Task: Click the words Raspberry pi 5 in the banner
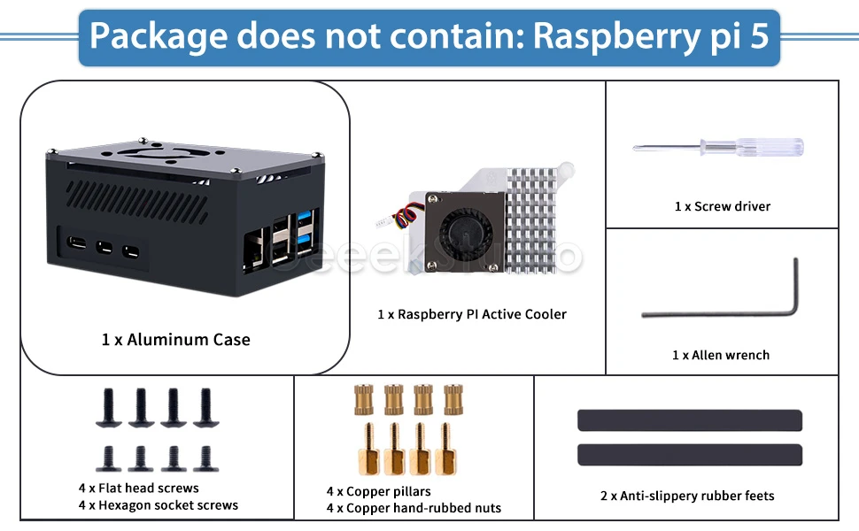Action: [651, 36]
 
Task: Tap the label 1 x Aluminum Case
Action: [176, 340]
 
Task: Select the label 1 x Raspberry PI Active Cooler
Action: [472, 314]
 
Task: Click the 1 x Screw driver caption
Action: [722, 206]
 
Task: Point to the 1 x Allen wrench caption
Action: [720, 355]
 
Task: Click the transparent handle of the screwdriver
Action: [770, 147]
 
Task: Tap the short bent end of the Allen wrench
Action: [795, 285]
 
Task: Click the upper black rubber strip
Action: [690, 420]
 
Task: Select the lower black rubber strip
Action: [690, 455]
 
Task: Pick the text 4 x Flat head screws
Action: [139, 488]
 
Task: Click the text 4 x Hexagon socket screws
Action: [159, 505]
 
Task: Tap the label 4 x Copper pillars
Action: [378, 491]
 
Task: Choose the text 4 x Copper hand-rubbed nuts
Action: [414, 508]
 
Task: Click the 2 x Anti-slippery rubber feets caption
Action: [687, 496]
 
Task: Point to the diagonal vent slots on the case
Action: [137, 202]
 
